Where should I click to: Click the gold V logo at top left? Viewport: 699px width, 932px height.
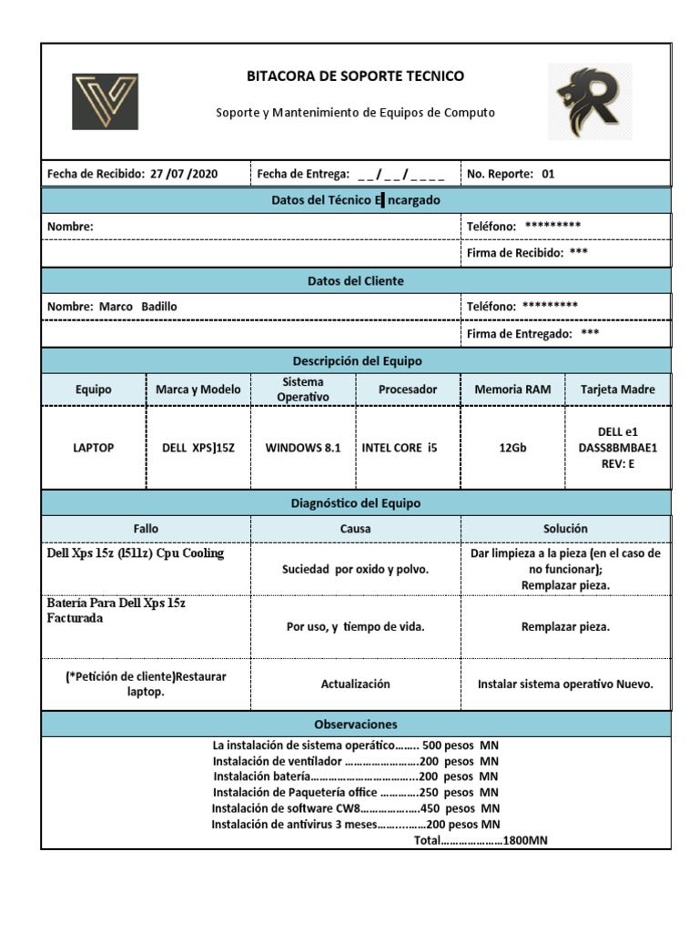click(105, 101)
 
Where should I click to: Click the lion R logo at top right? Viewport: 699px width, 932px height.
click(589, 101)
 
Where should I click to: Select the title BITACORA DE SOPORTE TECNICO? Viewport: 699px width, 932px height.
click(355, 76)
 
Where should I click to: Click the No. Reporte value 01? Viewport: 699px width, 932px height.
click(548, 174)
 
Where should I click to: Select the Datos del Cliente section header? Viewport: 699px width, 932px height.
click(355, 281)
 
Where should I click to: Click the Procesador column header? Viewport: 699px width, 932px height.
click(408, 390)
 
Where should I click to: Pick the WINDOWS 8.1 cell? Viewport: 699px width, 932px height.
click(303, 448)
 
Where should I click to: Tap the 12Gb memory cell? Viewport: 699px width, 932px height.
click(512, 448)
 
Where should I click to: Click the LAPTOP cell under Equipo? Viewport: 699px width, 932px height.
click(94, 448)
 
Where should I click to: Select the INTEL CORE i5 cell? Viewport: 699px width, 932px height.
click(399, 448)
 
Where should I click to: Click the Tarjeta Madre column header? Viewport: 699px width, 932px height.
click(617, 390)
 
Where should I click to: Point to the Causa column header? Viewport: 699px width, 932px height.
click(355, 529)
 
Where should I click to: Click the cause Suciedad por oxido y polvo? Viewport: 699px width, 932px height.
click(355, 570)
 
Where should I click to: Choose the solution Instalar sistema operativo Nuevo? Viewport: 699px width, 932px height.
click(564, 684)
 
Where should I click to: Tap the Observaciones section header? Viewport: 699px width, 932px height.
click(355, 724)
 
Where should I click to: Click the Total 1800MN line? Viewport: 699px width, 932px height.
click(481, 841)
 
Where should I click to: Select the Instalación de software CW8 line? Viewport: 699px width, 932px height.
click(355, 808)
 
